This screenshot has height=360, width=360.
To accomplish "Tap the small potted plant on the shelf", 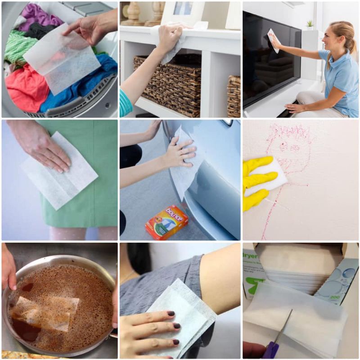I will (309, 23).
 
